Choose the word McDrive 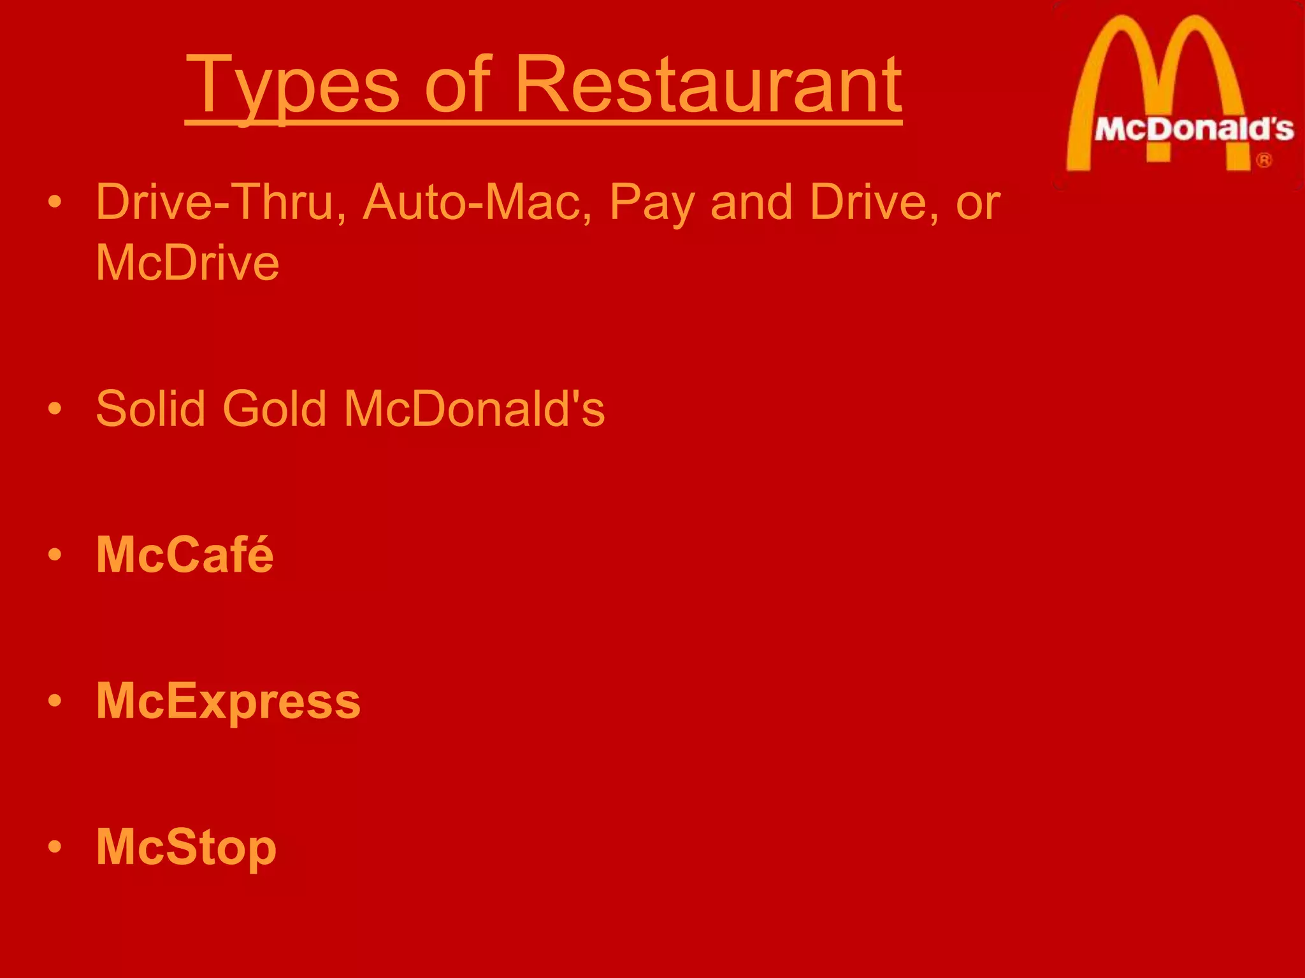click(187, 262)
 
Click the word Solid click(150, 408)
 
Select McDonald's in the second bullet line click(474, 408)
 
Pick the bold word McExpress click(228, 702)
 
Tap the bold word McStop click(186, 848)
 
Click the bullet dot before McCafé click(55, 555)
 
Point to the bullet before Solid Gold click(55, 408)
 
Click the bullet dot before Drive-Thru click(55, 202)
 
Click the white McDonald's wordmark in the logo click(1193, 130)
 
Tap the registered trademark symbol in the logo click(1264, 160)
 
